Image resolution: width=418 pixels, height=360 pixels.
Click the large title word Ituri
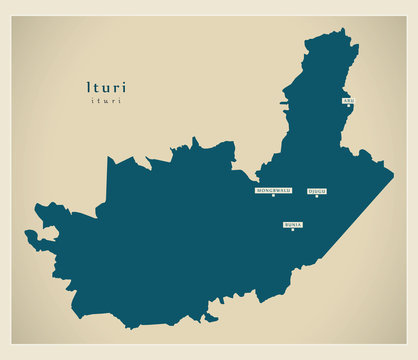pos(106,87)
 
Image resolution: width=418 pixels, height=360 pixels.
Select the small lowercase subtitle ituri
pos(105,101)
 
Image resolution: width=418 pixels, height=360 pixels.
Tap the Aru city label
pos(347,100)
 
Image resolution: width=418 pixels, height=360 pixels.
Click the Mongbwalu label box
pos(273,189)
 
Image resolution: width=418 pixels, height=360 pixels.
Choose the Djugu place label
pos(317,190)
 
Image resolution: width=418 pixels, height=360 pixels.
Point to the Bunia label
pos(293,225)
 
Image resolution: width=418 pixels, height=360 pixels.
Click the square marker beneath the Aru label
pos(348,106)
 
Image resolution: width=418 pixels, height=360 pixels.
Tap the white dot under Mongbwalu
pos(273,195)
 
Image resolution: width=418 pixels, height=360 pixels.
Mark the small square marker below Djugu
pos(317,196)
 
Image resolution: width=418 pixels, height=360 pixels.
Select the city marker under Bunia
pos(293,231)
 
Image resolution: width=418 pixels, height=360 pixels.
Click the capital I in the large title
pos(89,87)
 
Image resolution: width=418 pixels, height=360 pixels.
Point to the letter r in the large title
pos(115,88)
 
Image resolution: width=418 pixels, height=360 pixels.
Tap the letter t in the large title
pos(96,87)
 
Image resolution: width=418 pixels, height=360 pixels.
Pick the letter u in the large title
pos(105,88)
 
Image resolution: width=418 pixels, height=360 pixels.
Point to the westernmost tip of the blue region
pos(26,237)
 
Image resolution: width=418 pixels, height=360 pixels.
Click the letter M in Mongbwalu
pos(259,189)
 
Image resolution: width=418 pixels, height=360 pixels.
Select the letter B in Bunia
pos(286,225)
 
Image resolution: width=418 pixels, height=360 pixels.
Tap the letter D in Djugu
pos(310,190)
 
